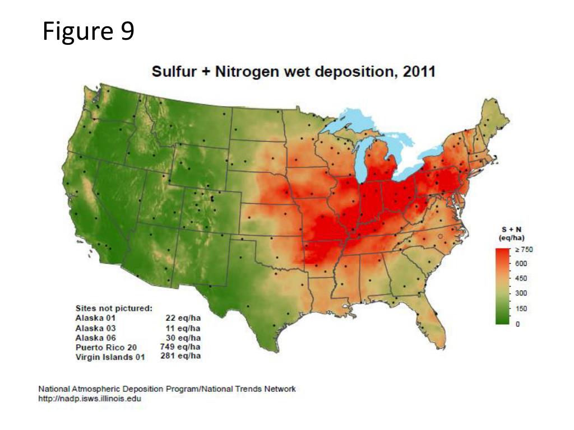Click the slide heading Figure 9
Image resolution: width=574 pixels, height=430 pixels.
click(89, 32)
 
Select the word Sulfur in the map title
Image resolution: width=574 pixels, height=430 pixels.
click(172, 72)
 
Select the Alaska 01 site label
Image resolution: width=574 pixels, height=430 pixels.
click(95, 318)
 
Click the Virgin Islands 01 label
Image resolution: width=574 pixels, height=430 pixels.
click(110, 357)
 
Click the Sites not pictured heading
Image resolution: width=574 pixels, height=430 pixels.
click(114, 308)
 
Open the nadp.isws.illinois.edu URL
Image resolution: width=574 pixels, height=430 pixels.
click(90, 399)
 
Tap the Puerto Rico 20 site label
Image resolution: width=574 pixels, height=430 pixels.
click(106, 347)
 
